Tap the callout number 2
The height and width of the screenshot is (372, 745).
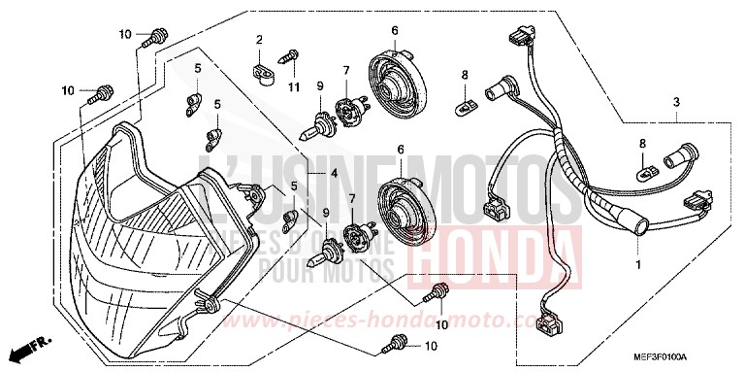click(x=260, y=40)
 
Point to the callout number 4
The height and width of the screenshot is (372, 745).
click(x=333, y=174)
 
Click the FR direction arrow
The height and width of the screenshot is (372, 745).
click(x=29, y=347)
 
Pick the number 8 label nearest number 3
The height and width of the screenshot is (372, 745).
click(x=640, y=144)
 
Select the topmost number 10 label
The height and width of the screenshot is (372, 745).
click(x=125, y=35)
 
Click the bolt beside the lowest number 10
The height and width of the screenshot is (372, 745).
click(x=397, y=341)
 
